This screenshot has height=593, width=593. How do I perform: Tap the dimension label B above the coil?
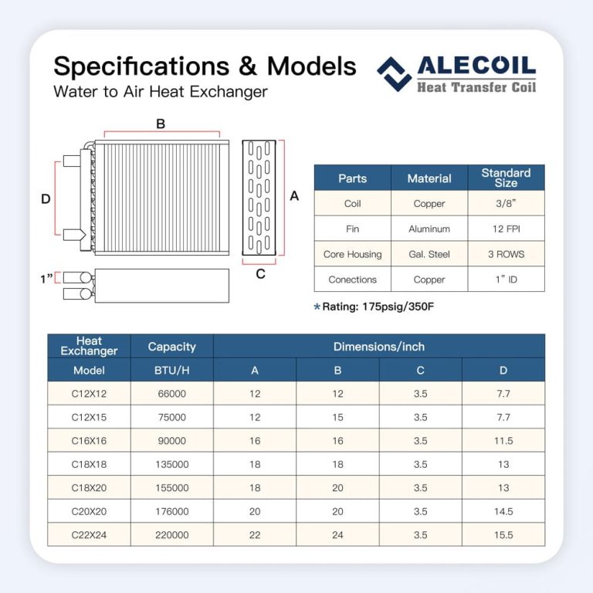(x=161, y=124)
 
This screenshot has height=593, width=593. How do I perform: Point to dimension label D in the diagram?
(x=46, y=199)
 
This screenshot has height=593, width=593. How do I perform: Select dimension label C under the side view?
(x=260, y=273)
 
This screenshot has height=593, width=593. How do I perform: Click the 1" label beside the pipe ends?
(x=47, y=277)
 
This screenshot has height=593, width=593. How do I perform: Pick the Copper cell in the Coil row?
(x=429, y=204)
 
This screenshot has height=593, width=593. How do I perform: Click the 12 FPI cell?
(x=506, y=229)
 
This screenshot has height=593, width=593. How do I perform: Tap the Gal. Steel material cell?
(x=429, y=254)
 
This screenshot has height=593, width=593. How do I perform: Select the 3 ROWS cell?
(x=506, y=254)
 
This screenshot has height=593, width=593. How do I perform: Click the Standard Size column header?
(x=506, y=178)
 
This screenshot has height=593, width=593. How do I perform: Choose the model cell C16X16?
(x=89, y=441)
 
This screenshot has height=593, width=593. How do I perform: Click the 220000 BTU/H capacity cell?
(x=171, y=534)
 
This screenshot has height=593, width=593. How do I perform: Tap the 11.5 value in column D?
(x=503, y=441)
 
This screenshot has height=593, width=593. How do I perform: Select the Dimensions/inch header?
(x=379, y=347)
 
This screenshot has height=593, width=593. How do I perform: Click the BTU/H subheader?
(x=171, y=370)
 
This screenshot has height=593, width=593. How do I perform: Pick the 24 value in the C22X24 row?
(x=337, y=534)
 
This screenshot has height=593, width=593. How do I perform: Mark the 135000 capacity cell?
(x=171, y=465)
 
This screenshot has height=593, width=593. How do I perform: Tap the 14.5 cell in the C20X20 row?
(x=503, y=511)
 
